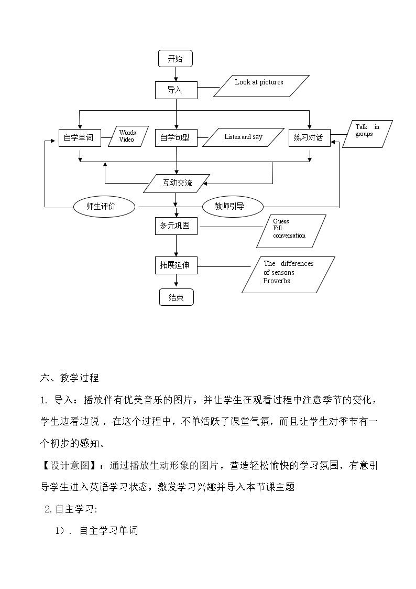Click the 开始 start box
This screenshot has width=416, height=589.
click(175, 59)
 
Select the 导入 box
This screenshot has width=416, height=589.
click(177, 90)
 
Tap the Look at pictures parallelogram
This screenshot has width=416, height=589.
click(261, 86)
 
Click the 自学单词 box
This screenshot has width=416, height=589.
click(80, 138)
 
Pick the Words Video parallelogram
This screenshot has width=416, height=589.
click(128, 136)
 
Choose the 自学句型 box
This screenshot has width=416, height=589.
click(177, 138)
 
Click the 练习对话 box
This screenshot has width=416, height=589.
click(310, 138)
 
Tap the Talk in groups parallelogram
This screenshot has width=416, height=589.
click(368, 134)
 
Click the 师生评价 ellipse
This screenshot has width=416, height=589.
click(104, 206)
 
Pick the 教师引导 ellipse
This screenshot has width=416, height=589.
click(233, 206)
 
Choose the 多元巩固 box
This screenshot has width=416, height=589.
click(177, 226)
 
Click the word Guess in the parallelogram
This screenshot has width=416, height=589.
click(281, 221)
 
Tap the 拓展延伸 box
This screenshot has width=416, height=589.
click(177, 265)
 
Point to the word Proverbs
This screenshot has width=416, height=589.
click(277, 281)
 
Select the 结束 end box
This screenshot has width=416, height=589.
click(177, 297)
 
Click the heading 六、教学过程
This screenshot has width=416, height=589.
click(69, 378)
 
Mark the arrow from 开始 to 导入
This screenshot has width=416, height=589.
click(176, 74)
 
